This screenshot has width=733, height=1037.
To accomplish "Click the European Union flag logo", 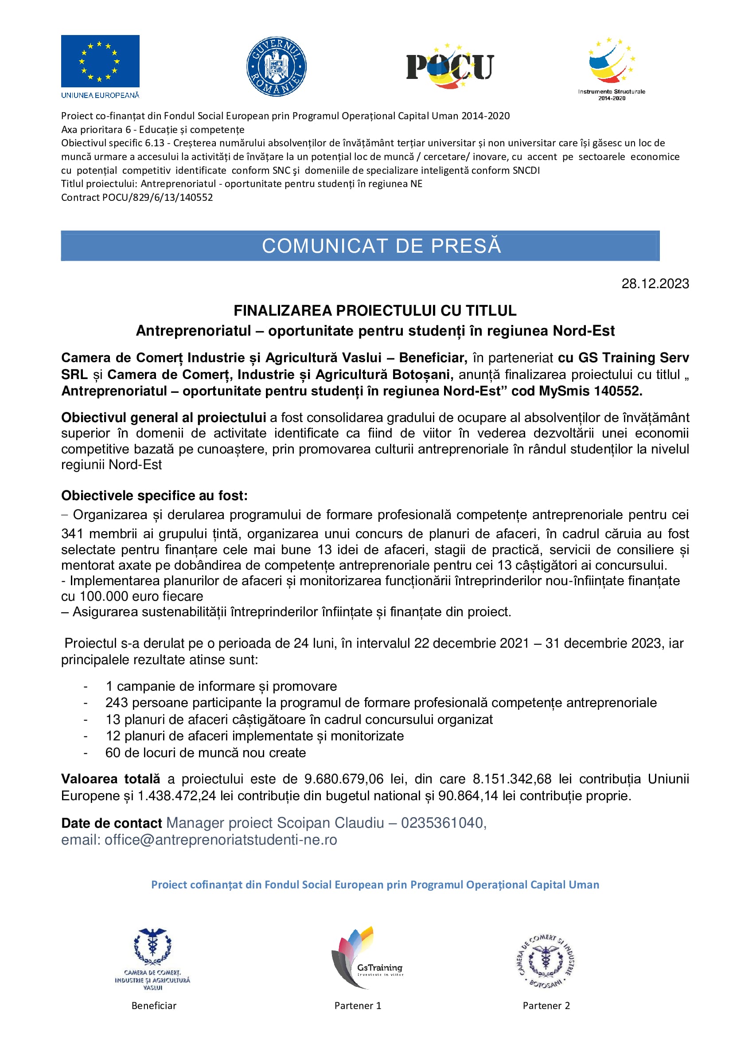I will [100, 61].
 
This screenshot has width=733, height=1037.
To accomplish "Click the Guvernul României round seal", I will [276, 67].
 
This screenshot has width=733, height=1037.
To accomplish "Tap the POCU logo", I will [450, 67].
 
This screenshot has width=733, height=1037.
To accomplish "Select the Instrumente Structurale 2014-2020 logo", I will [612, 68].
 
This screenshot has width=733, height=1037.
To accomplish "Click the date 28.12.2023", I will [655, 284].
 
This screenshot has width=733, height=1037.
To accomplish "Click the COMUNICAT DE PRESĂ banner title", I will [382, 246].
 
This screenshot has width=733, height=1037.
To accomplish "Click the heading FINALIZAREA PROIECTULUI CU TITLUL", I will [374, 311].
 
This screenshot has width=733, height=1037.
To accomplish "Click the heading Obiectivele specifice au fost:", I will [154, 496].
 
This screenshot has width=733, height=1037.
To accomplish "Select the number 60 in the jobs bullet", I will [113, 753].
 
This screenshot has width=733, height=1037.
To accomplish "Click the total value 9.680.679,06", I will [344, 779].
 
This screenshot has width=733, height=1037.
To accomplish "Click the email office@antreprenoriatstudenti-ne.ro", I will [221, 840].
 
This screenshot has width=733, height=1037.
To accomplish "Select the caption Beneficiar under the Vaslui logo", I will [154, 1006].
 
